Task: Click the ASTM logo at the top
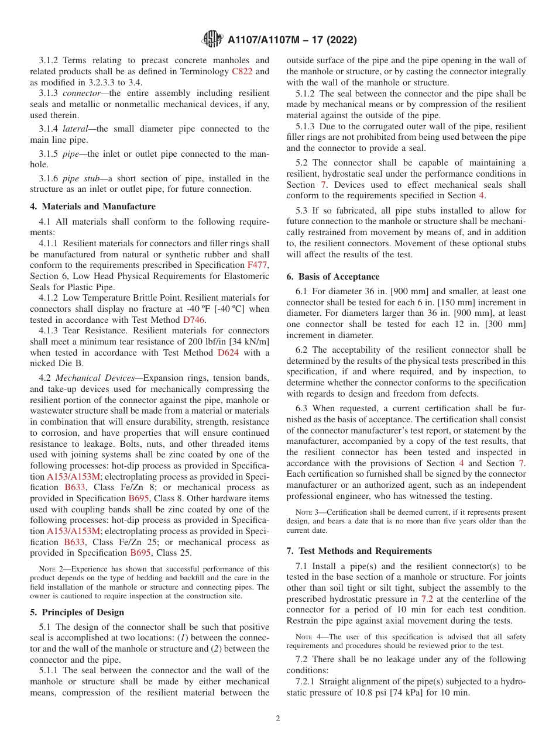212,39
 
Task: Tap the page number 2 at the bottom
278,718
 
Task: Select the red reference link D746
194,320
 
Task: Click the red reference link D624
229,353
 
